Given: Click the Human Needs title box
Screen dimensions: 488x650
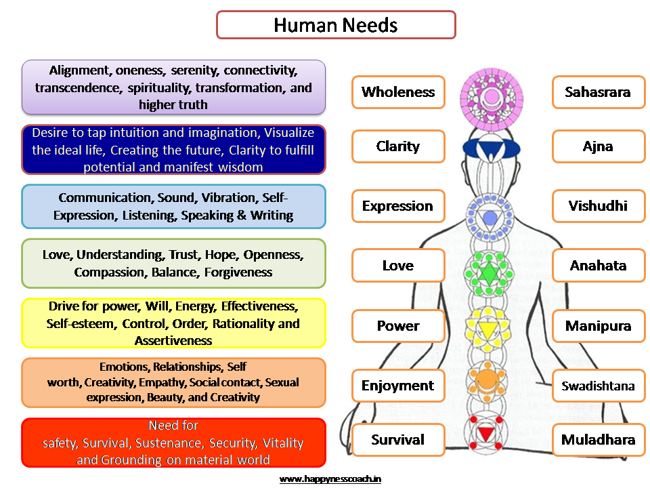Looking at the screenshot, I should coord(336,25).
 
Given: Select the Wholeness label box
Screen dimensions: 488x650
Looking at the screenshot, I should coord(398,92).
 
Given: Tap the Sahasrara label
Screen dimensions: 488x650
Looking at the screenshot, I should coord(598,92).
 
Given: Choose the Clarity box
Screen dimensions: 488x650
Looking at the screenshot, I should coord(398,146).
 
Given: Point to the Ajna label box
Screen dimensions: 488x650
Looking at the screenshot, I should coord(598,146).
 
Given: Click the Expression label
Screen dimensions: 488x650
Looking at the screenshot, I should coord(398,206).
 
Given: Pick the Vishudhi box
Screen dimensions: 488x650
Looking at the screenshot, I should coord(598,206).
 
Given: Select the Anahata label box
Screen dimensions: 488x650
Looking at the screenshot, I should coord(598,266).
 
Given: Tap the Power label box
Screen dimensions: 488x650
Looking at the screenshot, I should coord(398,326).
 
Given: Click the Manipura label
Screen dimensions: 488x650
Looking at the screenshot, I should coord(598,326).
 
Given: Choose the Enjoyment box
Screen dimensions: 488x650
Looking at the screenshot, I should coord(398,386).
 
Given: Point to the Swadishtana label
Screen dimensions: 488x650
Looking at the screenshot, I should coord(598,386).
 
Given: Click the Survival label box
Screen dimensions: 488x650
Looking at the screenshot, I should coord(398,440).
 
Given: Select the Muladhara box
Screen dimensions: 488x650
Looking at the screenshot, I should coord(598,440).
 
